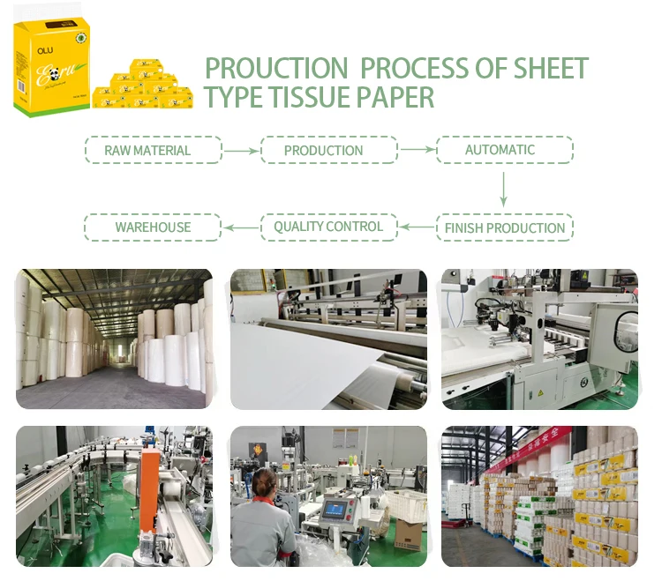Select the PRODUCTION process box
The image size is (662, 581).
click(324, 150)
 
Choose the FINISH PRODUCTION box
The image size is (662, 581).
click(504, 227)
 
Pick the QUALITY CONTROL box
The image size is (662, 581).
click(328, 227)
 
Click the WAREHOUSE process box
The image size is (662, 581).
click(153, 227)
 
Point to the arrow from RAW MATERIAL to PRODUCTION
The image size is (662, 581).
click(241, 151)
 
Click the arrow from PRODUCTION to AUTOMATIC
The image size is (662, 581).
click(416, 150)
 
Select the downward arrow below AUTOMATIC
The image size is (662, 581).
click(504, 189)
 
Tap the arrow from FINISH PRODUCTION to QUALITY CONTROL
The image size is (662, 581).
click(417, 227)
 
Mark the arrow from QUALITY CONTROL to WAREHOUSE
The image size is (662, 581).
click(241, 227)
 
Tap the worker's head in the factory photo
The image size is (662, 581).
click(264, 481)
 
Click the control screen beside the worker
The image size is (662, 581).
click(335, 510)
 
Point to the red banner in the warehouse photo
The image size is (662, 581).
click(530, 450)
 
